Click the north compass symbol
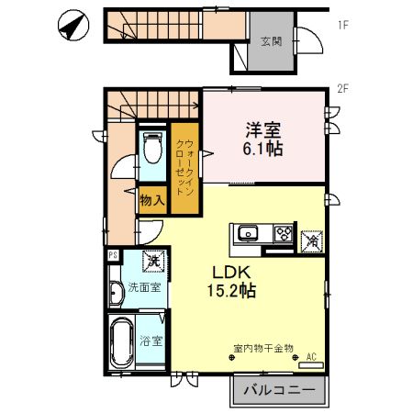[x=71, y=25]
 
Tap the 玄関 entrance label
[x=271, y=41]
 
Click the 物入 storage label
[x=151, y=198]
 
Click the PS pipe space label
[x=113, y=255]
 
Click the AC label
[x=311, y=357]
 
